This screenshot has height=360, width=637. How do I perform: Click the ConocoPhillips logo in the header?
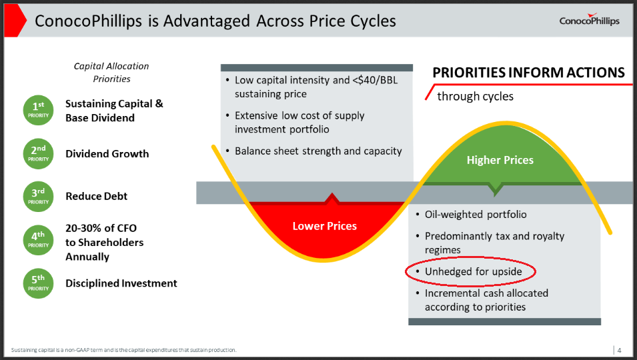(x=589, y=21)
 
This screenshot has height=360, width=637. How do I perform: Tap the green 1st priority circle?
(x=39, y=110)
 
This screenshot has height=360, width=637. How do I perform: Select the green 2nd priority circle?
(x=39, y=154)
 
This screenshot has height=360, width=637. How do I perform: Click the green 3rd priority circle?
(x=39, y=197)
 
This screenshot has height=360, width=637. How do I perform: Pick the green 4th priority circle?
(x=39, y=239)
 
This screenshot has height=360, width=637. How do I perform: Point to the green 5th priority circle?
(x=39, y=283)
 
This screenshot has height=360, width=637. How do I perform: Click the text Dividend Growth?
(x=107, y=154)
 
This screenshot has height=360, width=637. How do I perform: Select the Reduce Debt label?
(x=96, y=197)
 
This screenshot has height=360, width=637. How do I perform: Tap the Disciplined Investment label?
(x=121, y=283)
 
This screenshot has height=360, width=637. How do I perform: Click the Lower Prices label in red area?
(x=324, y=226)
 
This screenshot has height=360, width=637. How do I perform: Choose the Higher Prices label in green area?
(x=500, y=160)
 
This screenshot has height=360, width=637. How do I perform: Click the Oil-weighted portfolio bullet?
(x=476, y=215)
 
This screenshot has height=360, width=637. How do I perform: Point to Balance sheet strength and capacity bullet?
(x=317, y=151)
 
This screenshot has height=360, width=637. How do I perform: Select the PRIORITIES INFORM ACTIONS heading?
(x=528, y=73)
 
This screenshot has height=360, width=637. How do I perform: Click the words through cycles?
(x=475, y=96)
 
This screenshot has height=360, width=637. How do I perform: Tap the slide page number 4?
(x=619, y=350)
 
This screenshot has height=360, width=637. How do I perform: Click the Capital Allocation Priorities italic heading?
(x=111, y=72)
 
